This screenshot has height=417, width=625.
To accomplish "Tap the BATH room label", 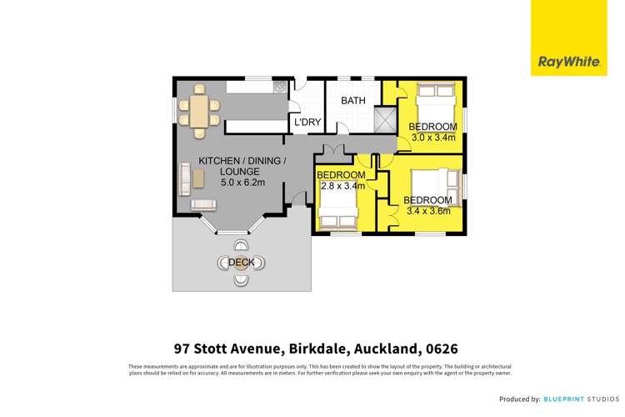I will coord(352,101).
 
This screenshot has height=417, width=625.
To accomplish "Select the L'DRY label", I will coord(307,123).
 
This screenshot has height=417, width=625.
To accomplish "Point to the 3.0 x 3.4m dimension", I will coord(432,136).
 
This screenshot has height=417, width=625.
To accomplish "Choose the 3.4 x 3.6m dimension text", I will coord(427,211).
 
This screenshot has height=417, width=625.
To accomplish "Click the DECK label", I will coord(241,263).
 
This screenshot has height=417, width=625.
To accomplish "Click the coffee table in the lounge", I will coord(199,177).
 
